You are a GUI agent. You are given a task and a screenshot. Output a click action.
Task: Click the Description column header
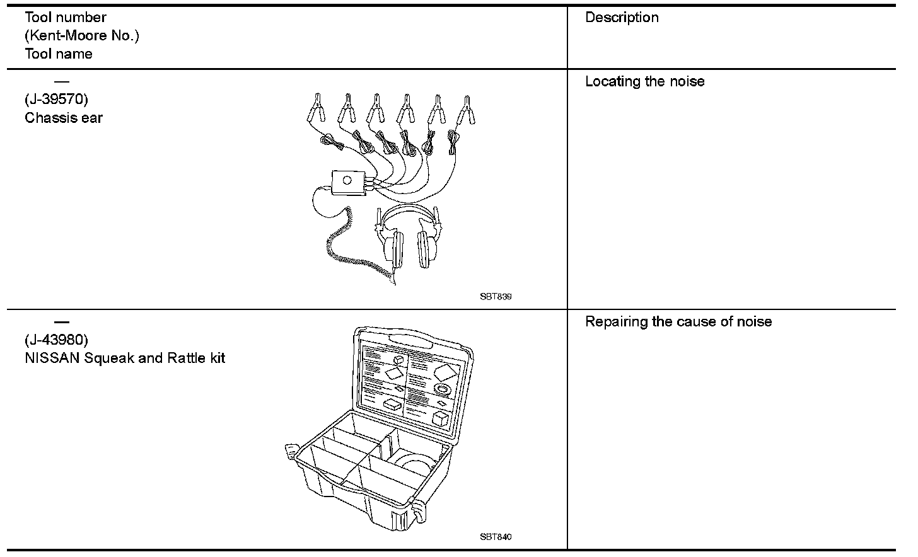[x=622, y=18]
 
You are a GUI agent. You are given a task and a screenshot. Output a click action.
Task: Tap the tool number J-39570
[x=56, y=100]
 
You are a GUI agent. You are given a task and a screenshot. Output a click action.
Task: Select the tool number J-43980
[x=56, y=340]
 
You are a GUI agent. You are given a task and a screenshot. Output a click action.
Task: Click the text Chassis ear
[x=64, y=118]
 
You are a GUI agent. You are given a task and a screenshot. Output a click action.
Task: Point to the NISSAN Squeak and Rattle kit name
[x=125, y=359]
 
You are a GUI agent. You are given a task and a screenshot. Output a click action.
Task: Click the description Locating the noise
[x=644, y=81]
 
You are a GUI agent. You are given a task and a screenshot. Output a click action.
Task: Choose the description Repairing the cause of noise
[x=678, y=322]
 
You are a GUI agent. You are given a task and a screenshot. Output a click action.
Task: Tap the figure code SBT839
[x=496, y=297]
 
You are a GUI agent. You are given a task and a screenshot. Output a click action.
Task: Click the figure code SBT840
[x=496, y=537]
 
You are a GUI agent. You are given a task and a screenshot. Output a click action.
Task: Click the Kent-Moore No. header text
[x=82, y=35]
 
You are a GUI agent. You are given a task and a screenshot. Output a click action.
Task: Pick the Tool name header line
[x=59, y=54]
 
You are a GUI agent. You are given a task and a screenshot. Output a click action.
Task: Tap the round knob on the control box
[x=347, y=180]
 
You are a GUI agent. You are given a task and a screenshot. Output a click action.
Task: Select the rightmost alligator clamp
[x=467, y=110]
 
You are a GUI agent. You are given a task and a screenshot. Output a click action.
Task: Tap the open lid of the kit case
[x=414, y=381]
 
